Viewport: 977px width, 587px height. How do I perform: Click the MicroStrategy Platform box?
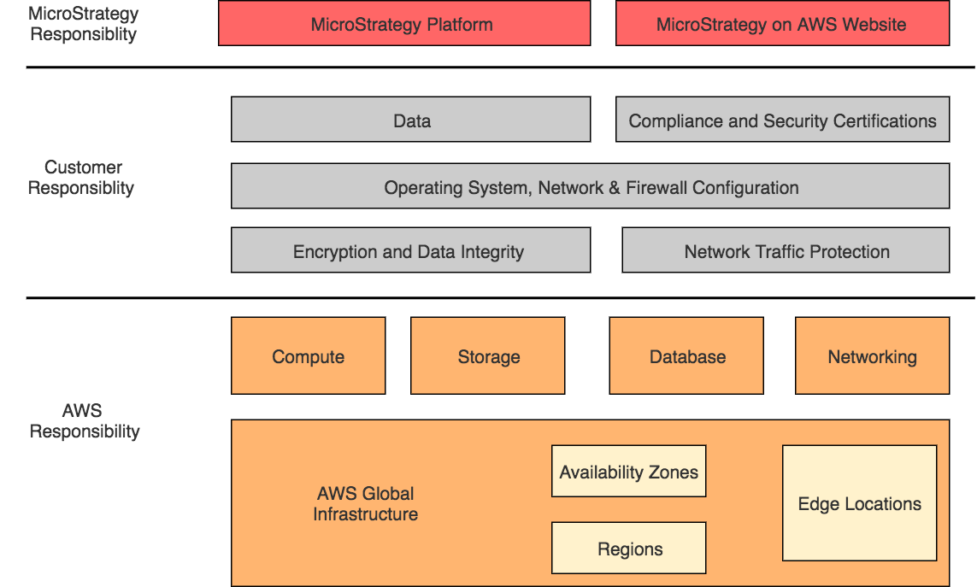(x=403, y=23)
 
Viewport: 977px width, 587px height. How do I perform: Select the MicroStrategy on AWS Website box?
(x=782, y=23)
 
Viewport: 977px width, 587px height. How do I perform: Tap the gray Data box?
(x=410, y=120)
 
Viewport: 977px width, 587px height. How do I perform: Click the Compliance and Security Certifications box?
(x=782, y=120)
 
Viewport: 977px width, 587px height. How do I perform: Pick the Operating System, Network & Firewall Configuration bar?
(x=590, y=186)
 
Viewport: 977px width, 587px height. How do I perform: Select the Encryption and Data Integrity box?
(x=410, y=250)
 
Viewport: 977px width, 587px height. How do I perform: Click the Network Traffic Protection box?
(x=786, y=250)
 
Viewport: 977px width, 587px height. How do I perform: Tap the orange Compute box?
(x=308, y=356)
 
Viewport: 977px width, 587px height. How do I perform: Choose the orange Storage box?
(x=487, y=356)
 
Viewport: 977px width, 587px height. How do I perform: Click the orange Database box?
(x=686, y=356)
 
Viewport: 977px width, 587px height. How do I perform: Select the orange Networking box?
(x=872, y=356)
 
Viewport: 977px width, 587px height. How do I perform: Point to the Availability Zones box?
(x=628, y=472)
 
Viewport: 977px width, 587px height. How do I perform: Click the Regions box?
(x=628, y=549)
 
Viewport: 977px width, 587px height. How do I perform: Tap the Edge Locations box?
(x=859, y=503)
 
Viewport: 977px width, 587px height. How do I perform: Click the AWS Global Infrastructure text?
(x=365, y=504)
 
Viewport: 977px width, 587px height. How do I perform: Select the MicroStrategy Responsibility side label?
(x=83, y=24)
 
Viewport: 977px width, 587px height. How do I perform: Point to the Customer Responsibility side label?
(x=82, y=178)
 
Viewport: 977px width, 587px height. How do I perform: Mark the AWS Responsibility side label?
(x=84, y=422)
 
